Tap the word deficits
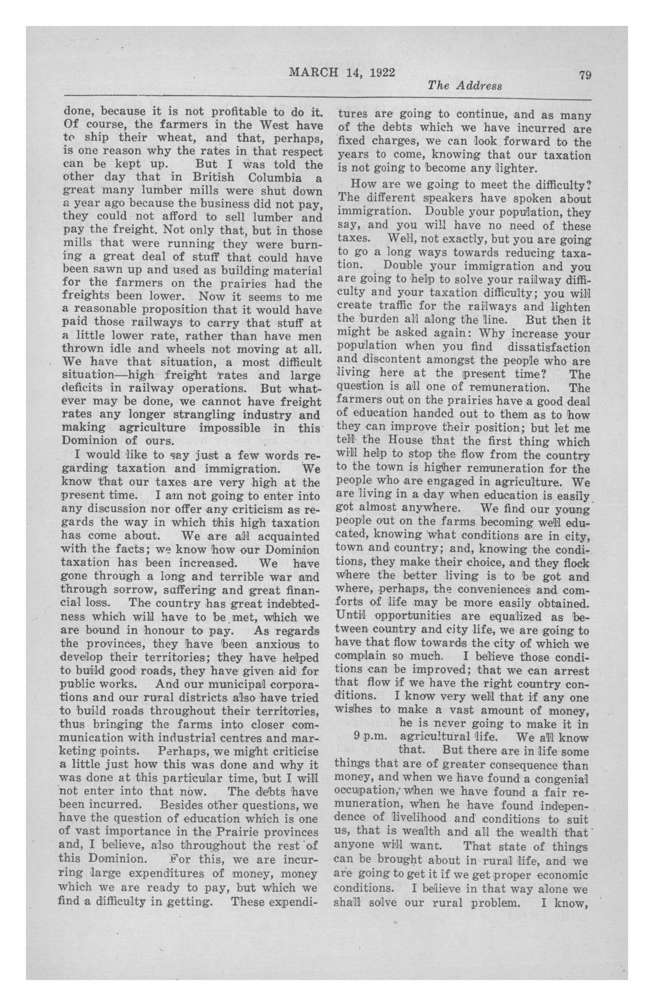(84, 388)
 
